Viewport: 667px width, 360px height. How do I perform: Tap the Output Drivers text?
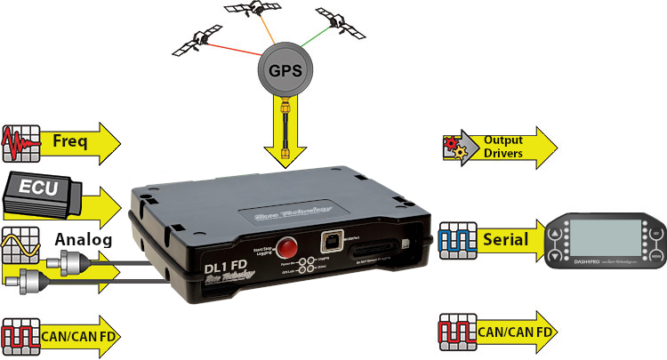pos(503,146)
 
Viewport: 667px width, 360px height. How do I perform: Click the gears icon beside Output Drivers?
pos(454,146)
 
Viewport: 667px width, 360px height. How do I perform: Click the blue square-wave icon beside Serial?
pos(454,239)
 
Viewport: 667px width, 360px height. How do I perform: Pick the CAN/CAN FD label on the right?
pos(518,333)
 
